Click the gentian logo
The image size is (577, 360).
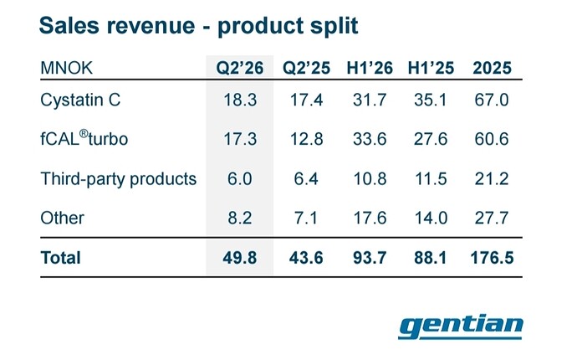click(x=461, y=327)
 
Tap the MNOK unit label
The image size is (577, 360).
click(x=67, y=68)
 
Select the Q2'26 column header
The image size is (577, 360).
click(x=239, y=68)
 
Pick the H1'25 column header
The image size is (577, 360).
click(x=431, y=68)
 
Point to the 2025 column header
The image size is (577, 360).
click(x=492, y=68)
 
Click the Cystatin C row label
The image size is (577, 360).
click(x=80, y=100)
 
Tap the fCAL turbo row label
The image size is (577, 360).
click(x=84, y=138)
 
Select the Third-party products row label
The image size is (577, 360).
click(x=119, y=179)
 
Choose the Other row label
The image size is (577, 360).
click(x=62, y=219)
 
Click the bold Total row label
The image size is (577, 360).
click(x=61, y=258)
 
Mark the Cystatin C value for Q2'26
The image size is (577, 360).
click(x=240, y=100)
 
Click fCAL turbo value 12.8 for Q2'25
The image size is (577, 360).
click(x=307, y=139)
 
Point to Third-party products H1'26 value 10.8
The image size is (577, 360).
click(x=370, y=179)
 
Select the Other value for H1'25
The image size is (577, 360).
click(x=431, y=219)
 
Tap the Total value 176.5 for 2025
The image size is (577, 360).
click(x=492, y=258)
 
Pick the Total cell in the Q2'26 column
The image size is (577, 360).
click(x=239, y=258)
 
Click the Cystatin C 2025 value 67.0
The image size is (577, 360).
click(x=492, y=100)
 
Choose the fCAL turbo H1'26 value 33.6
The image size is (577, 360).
click(x=370, y=139)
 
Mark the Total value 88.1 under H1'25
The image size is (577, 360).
click(x=431, y=258)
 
